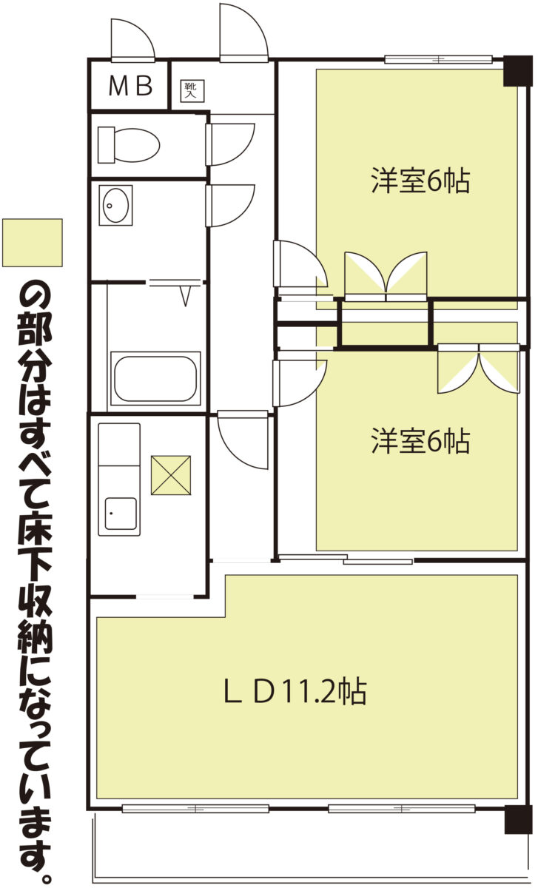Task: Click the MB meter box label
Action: (x=130, y=85)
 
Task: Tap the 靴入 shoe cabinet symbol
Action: (x=192, y=90)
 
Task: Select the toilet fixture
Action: (x=129, y=145)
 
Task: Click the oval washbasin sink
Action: (x=115, y=205)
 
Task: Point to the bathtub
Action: (x=155, y=378)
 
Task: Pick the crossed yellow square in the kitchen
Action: (x=171, y=475)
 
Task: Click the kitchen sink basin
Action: (x=121, y=514)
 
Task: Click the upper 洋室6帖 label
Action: (x=420, y=181)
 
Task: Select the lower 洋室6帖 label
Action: (x=420, y=440)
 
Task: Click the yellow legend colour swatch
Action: (x=32, y=243)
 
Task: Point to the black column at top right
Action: (x=518, y=71)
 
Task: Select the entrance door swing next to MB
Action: (x=243, y=32)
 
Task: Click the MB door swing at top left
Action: (x=132, y=40)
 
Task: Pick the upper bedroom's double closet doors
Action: (x=386, y=275)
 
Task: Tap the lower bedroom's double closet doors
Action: (x=479, y=369)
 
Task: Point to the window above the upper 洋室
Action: (x=439, y=59)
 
